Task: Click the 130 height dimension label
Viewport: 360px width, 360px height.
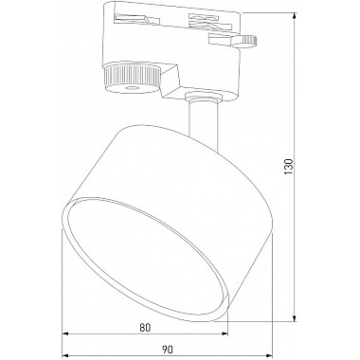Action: tap(289, 167)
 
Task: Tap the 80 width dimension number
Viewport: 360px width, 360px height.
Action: tap(145, 328)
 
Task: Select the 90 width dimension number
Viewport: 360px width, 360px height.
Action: tap(168, 350)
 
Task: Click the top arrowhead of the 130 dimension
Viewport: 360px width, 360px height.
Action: tap(295, 17)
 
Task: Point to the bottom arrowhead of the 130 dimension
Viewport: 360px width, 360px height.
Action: tap(295, 317)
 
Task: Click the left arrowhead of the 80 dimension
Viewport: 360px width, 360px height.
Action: tap(65, 333)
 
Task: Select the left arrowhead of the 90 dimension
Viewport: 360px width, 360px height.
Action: tap(65, 355)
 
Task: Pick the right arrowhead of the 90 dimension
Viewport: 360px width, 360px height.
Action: tap(267, 355)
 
